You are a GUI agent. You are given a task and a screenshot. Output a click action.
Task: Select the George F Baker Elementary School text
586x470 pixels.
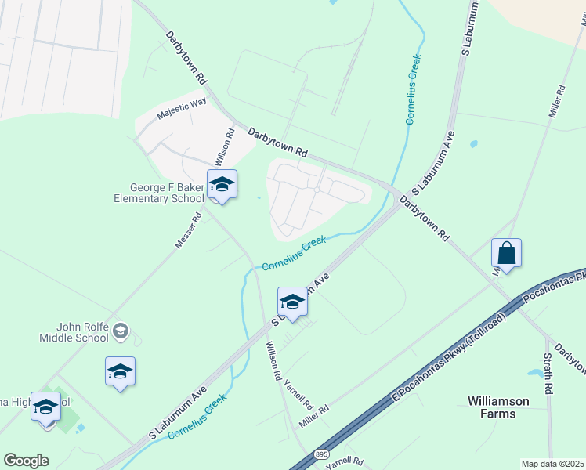[x=168, y=193]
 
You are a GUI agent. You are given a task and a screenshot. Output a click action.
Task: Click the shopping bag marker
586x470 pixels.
[x=506, y=254]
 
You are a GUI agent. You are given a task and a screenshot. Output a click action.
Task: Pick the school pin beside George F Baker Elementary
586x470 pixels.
[x=222, y=185]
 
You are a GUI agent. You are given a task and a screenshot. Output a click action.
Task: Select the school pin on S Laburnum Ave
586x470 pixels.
[x=292, y=302]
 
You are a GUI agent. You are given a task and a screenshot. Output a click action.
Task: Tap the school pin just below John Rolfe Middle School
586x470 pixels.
[x=120, y=371]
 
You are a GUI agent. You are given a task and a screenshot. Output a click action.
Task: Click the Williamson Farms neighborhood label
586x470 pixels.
[x=497, y=407]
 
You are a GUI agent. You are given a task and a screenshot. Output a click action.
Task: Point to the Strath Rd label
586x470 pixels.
[x=548, y=373]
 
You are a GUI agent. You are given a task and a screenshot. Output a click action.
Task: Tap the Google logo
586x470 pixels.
[x=26, y=461]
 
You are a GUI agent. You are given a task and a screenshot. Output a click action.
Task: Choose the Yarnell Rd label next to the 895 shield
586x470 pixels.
[x=345, y=462]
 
